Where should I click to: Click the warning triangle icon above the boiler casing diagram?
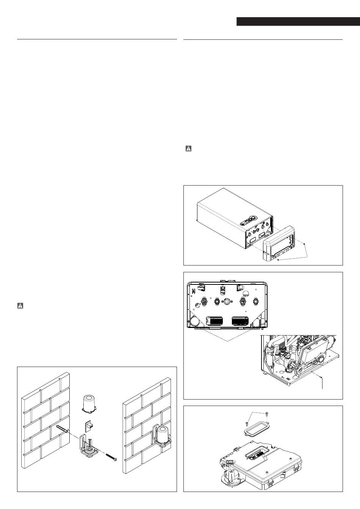pyautogui.click(x=188, y=149)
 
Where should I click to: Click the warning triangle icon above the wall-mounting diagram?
pyautogui.click(x=20, y=306)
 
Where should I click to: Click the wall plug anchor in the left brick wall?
pyautogui.click(x=63, y=429)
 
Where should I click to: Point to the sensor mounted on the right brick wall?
pyautogui.click(x=163, y=434)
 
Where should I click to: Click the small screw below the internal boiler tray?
pyautogui.click(x=321, y=377)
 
